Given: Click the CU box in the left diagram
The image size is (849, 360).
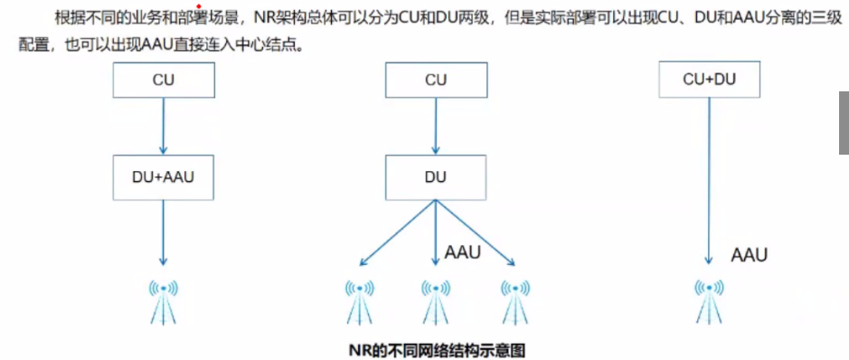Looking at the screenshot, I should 164,81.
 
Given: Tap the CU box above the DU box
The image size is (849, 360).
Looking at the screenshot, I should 436,81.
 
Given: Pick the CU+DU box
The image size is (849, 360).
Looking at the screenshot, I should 709,80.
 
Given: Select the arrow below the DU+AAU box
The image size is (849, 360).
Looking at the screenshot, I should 164,233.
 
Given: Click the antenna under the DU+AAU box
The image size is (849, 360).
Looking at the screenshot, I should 164,299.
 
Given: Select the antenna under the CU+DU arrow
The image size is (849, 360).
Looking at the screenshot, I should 709,299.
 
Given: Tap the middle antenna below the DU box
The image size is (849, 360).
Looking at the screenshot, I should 436,299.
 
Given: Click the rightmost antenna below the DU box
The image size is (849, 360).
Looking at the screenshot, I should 514,299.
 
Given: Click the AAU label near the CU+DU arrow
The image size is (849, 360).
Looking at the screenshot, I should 749,255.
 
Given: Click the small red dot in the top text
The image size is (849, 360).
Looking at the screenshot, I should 198,6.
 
